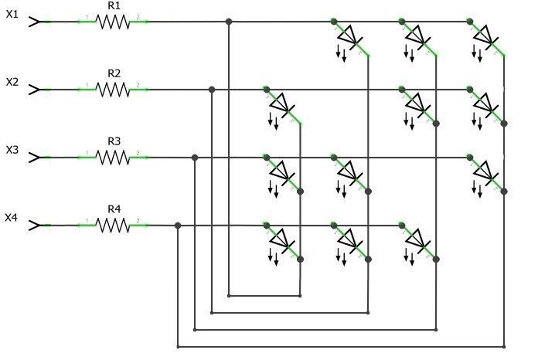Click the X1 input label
coord(12,14)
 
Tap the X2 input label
coord(12,81)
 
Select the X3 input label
coord(12,149)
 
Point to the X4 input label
coord(12,217)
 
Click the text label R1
coord(114,5)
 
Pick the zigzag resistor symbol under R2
coord(114,90)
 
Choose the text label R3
coord(114,141)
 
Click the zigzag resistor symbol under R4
coord(114,226)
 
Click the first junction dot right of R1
coord(229,22)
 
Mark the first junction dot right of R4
coord(178,226)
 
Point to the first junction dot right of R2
coord(212,90)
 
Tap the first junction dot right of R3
coord(195,158)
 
